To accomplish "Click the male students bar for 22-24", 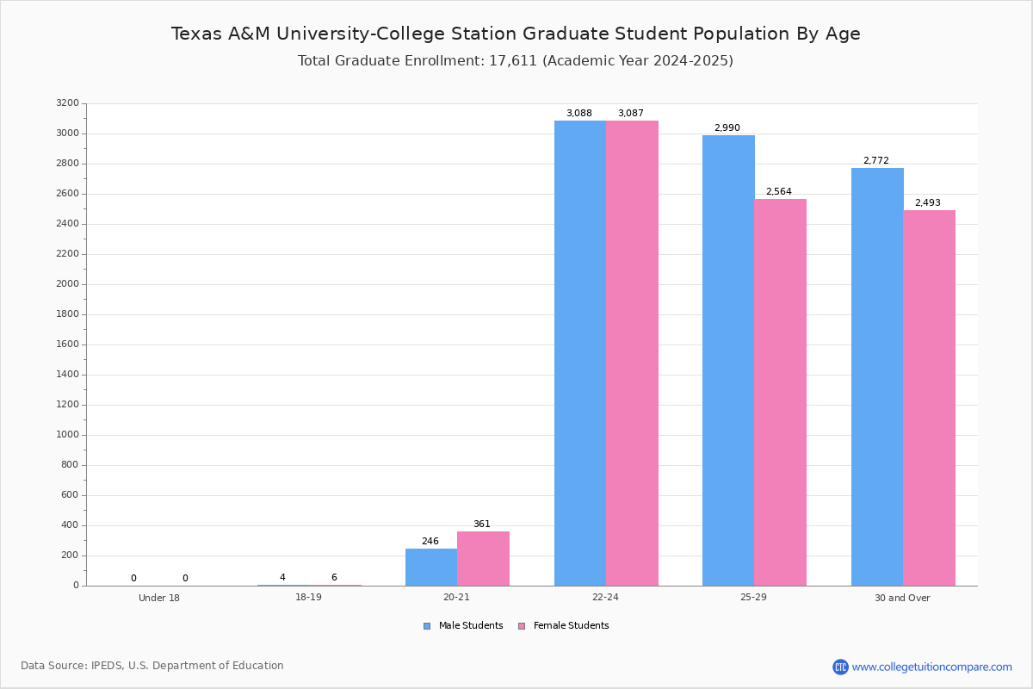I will pos(580,353).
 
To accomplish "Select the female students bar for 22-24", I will pos(632,353).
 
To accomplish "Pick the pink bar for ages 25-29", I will pos(780,392).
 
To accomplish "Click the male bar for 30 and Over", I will pos(877,376).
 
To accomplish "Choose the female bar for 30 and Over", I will pos(929,398).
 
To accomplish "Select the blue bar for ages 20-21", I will pos(431,567).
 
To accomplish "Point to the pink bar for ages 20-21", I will pos(483,558).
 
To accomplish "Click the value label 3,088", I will pos(578,114).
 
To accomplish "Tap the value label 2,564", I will pos(778,192).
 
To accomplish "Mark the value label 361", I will pos(481,525).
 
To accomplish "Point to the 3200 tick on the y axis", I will pos(67,103).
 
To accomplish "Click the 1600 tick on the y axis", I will pos(67,344).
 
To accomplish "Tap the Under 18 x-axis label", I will pos(159,598).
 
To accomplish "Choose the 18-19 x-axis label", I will pos(308,598).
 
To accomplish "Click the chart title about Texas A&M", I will pos(516,34).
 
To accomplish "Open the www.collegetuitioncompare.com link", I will pos(931,667).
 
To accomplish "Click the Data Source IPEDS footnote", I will pos(152,666).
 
